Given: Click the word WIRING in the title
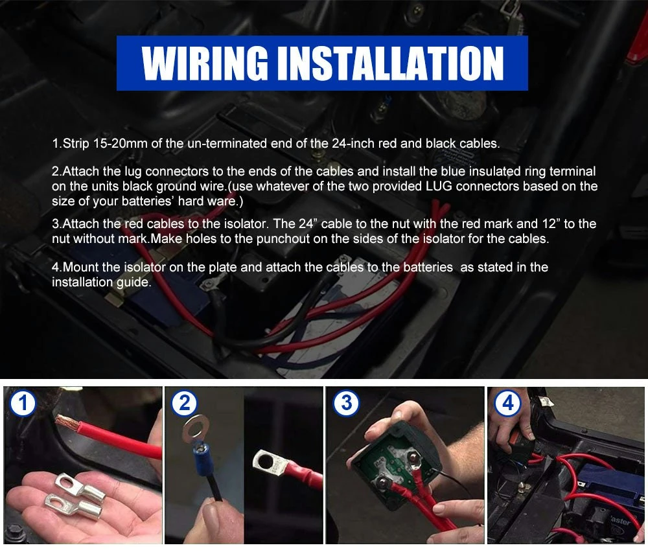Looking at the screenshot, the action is pyautogui.click(x=205, y=63).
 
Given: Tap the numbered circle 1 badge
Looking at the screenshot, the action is pyautogui.click(x=23, y=403).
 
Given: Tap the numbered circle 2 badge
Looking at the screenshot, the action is pyautogui.click(x=184, y=402).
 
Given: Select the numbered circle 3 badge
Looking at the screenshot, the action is pyautogui.click(x=346, y=403).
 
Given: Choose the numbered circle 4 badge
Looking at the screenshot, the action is pyautogui.click(x=508, y=403).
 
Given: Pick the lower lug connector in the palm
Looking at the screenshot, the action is pyautogui.click(x=74, y=504).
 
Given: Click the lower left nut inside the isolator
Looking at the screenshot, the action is pyautogui.click(x=382, y=482).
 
